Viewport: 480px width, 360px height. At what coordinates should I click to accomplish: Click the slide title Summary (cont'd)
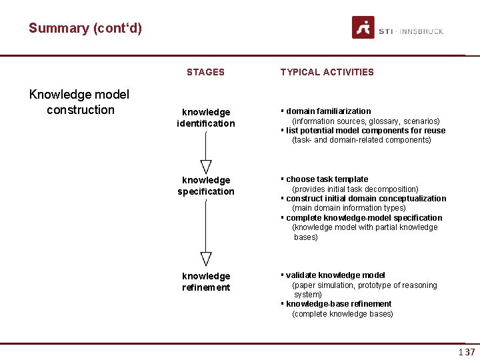click(x=85, y=28)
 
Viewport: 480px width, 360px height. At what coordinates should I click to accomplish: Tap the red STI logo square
click(x=363, y=28)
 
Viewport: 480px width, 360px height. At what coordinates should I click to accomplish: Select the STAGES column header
click(x=205, y=72)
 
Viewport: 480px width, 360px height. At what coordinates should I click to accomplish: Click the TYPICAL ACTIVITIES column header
click(x=327, y=72)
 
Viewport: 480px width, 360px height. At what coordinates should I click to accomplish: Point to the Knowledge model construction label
click(x=80, y=102)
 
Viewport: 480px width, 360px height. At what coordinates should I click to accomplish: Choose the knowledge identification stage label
click(x=206, y=117)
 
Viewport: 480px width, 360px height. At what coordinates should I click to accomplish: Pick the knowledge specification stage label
click(x=206, y=185)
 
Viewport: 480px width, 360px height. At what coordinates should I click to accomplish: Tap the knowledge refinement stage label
click(x=206, y=281)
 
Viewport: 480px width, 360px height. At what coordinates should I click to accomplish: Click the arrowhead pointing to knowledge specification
click(x=206, y=166)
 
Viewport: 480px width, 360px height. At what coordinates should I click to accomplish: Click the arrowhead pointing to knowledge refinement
click(x=206, y=259)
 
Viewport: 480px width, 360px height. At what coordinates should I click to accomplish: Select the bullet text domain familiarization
click(x=328, y=111)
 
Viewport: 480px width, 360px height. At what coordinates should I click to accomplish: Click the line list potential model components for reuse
click(x=365, y=131)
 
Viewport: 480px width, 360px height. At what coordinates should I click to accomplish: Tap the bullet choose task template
click(x=327, y=179)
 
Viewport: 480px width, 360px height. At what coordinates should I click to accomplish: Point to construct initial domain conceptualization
click(x=366, y=199)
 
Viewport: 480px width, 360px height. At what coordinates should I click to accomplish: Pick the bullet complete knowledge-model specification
click(x=364, y=218)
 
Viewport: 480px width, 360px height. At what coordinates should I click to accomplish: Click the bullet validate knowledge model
click(x=335, y=275)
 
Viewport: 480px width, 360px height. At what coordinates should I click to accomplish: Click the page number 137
click(x=467, y=352)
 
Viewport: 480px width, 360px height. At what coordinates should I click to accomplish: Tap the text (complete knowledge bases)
click(x=343, y=314)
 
